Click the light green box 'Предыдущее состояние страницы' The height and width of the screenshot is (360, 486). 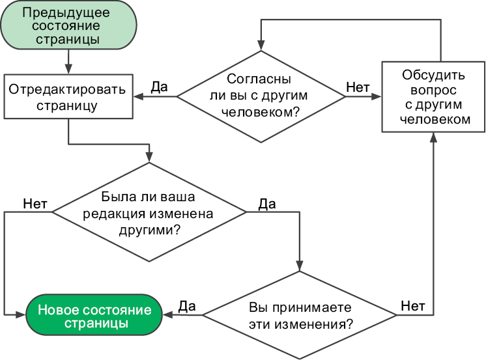(x=68, y=26)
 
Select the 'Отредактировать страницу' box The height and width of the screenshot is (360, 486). (x=68, y=97)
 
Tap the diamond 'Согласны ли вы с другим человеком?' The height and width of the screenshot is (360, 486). (x=261, y=96)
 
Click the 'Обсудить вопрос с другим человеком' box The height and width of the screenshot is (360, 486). (x=433, y=96)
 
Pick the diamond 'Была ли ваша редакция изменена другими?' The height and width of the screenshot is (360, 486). (x=149, y=212)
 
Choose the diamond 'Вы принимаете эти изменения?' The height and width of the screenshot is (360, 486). (x=300, y=314)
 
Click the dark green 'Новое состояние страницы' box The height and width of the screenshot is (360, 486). (x=94, y=315)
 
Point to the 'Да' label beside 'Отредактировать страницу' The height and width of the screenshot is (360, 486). (x=160, y=87)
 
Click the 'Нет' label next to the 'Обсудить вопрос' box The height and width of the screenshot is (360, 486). (x=358, y=87)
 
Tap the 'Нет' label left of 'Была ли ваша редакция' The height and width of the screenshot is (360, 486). (x=35, y=203)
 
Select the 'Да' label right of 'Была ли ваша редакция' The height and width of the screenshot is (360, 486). (x=266, y=204)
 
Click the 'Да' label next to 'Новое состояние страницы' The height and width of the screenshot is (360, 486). (x=188, y=305)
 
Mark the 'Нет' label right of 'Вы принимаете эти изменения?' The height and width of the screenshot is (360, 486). (x=412, y=305)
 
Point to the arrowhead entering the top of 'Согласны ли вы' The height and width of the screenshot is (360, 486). (x=261, y=46)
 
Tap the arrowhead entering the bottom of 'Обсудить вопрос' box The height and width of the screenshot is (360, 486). (x=433, y=137)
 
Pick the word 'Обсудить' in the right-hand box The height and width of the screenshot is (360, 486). (x=433, y=73)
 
